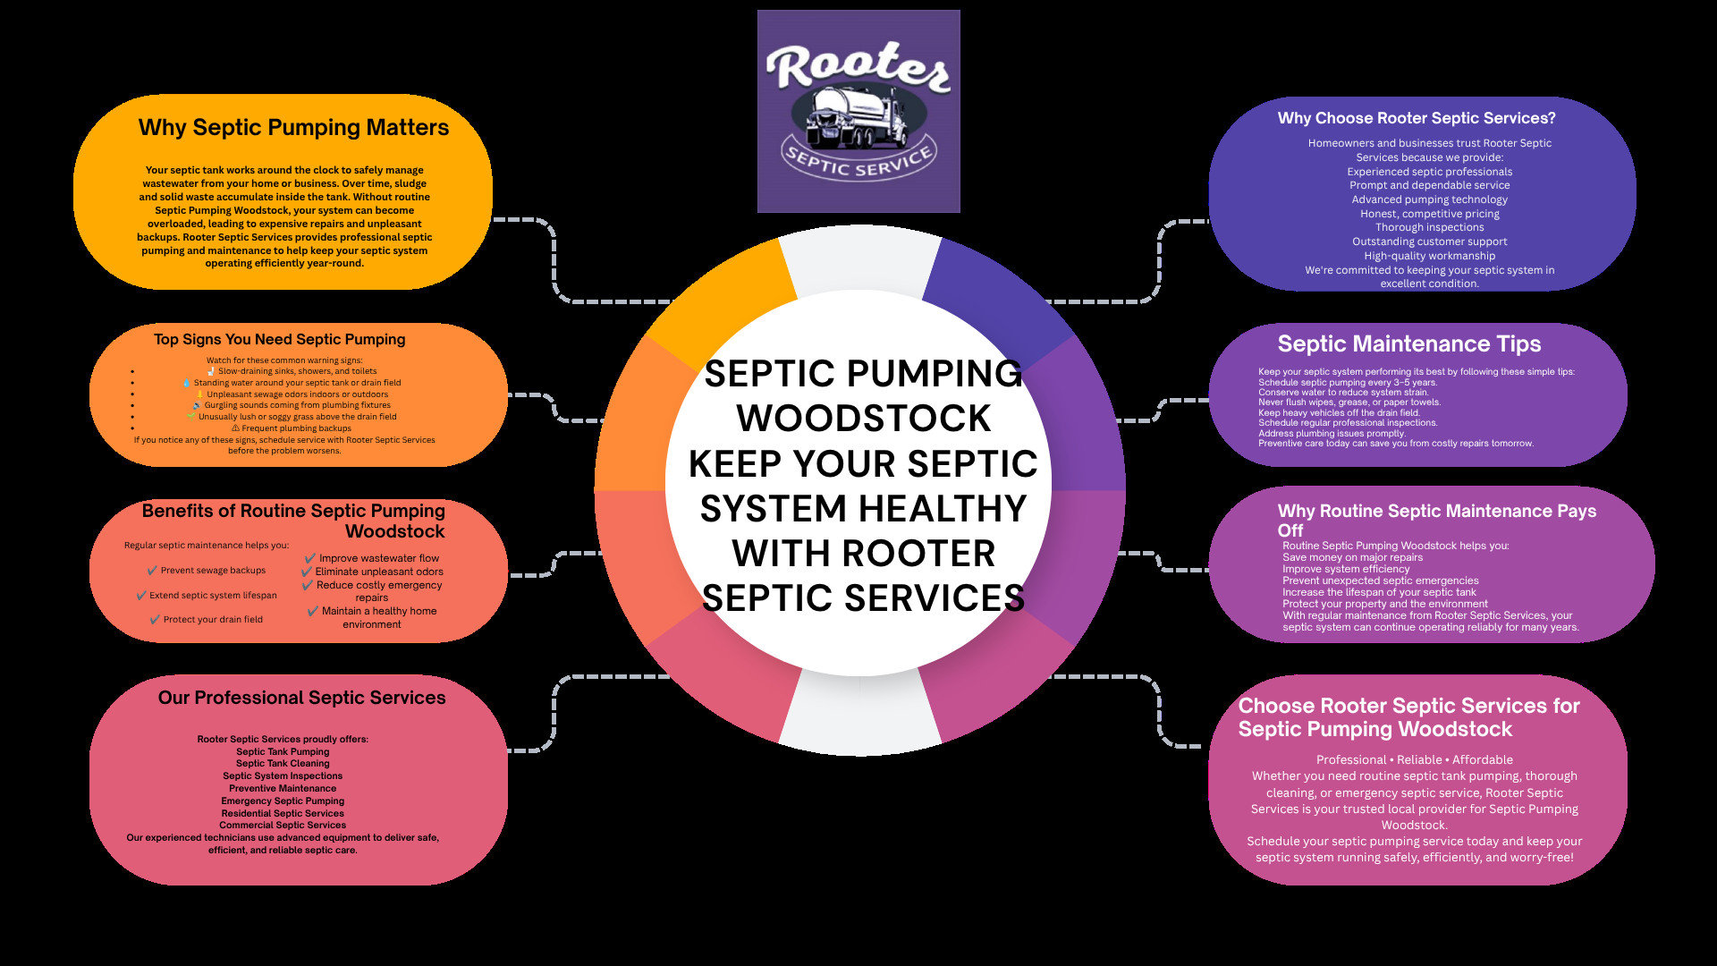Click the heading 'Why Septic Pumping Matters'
[x=293, y=128]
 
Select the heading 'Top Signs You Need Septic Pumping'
[x=279, y=340]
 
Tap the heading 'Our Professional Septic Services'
[x=301, y=698]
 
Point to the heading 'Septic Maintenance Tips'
[x=1408, y=344]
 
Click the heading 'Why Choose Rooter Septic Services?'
[x=1417, y=118]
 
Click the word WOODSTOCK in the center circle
[x=863, y=418]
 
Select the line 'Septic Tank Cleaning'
[x=283, y=764]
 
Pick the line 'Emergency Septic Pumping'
[x=283, y=801]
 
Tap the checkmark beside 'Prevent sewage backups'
[x=152, y=571]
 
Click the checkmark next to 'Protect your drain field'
[x=156, y=619]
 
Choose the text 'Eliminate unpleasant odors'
[x=379, y=572]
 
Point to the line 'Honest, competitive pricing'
[x=1429, y=214]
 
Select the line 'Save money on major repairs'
[x=1352, y=557]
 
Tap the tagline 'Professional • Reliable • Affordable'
[x=1414, y=760]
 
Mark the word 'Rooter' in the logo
[x=858, y=66]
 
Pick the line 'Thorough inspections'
[x=1429, y=227]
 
